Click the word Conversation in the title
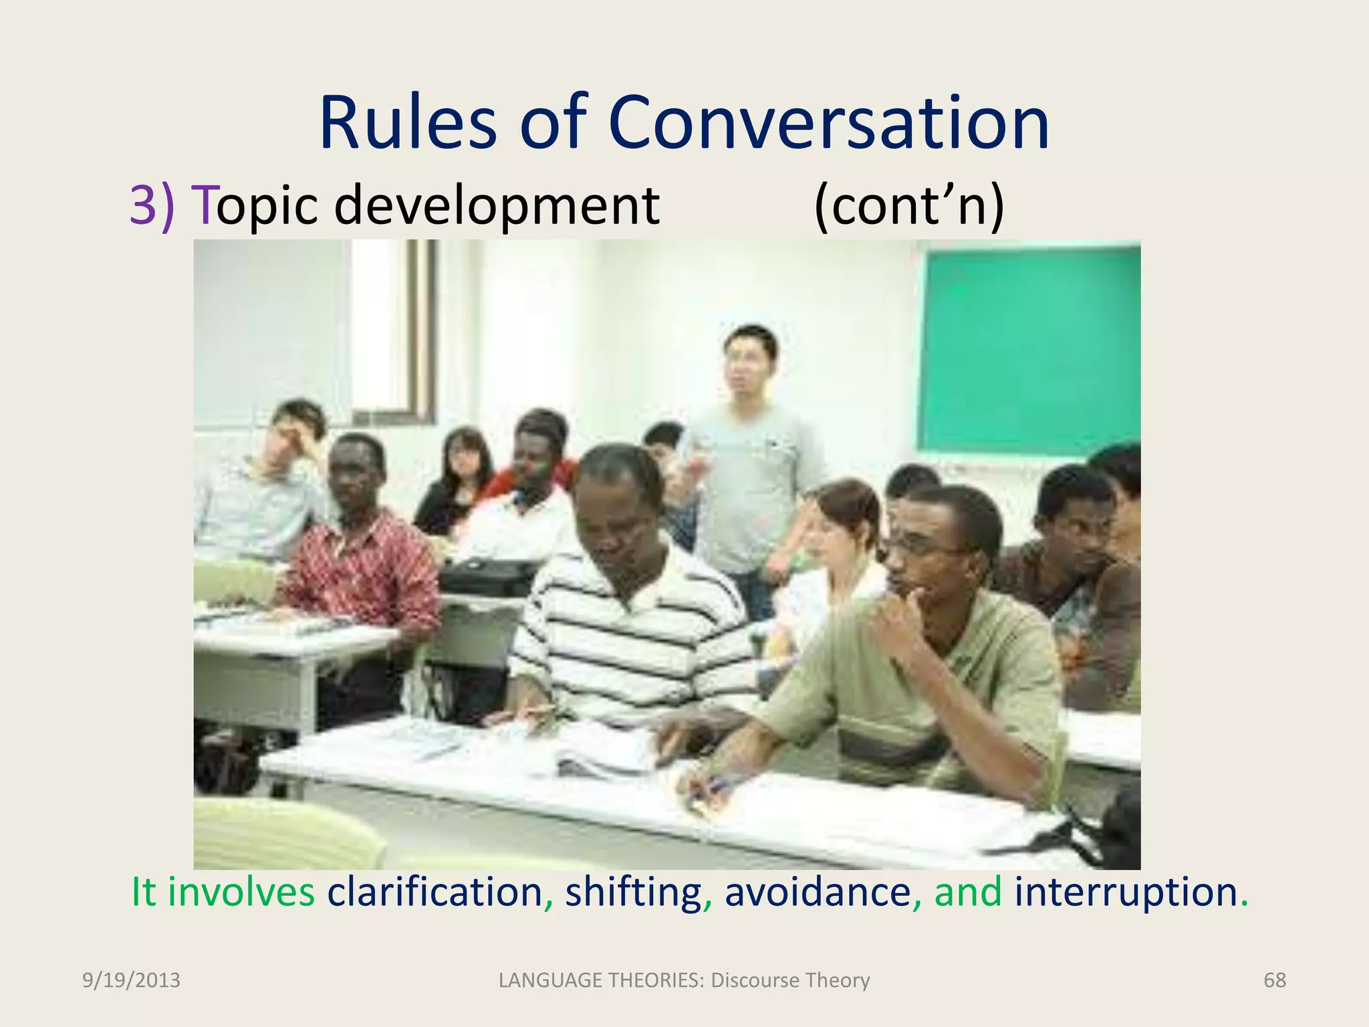coord(828,124)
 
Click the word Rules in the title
coord(408,124)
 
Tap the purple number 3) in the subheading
coord(152,205)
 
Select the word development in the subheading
coord(497,205)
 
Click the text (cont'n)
coord(908,205)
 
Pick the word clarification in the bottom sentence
coord(434,892)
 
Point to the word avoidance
coord(818,892)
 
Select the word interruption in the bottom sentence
coord(1126,892)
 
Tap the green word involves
coord(241,892)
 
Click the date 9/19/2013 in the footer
coord(131,980)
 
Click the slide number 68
coord(1274,980)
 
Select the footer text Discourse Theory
coord(790,980)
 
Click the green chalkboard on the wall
coord(1029,348)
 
